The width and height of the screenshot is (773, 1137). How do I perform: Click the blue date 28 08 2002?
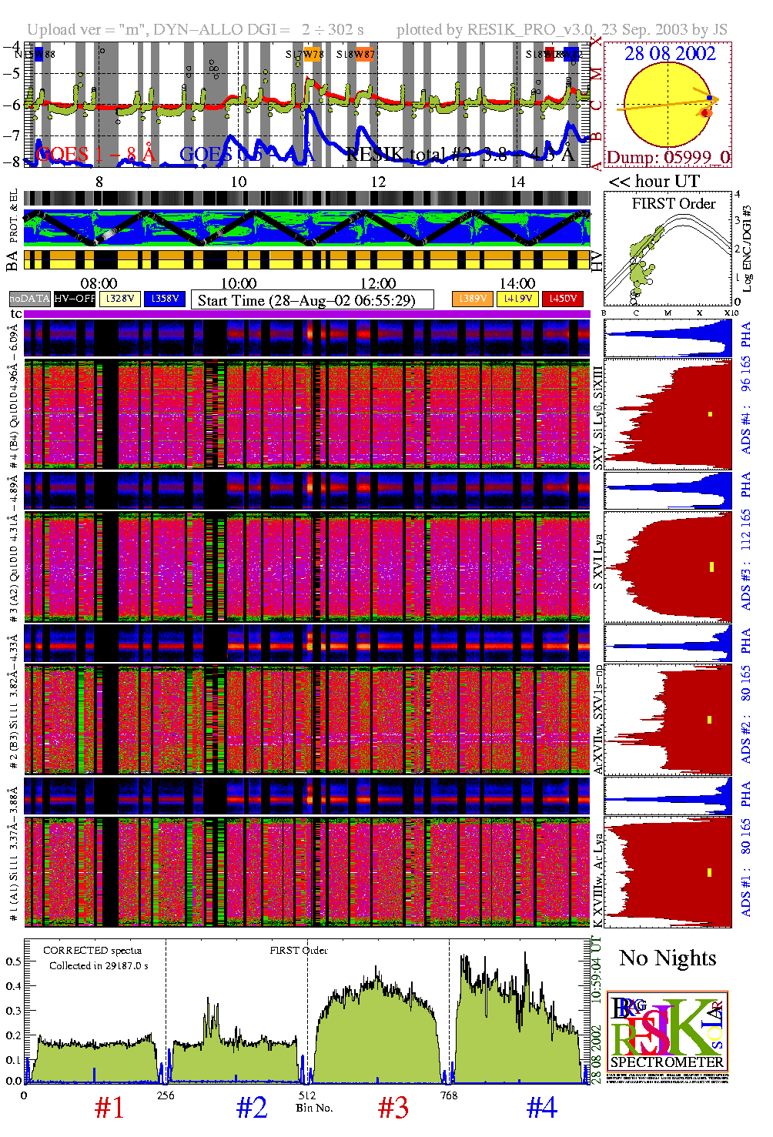point(669,53)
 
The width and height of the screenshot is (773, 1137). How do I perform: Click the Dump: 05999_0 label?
point(668,157)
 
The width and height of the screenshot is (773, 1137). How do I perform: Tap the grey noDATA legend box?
point(29,299)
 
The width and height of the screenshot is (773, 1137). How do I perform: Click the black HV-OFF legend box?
point(75,299)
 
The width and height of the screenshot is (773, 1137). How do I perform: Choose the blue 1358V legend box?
point(165,299)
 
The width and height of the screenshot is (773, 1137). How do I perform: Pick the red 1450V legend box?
point(563,299)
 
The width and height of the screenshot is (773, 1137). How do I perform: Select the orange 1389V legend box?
point(472,299)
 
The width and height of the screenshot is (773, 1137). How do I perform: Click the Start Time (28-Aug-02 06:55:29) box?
point(313,300)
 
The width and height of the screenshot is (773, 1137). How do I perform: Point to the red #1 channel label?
point(109,1108)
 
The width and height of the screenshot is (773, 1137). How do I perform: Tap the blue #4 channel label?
point(542,1108)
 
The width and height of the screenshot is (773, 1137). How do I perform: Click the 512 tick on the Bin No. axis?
point(307,1095)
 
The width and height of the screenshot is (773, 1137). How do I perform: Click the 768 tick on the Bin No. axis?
point(449,1095)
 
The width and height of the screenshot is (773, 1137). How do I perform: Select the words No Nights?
point(668,958)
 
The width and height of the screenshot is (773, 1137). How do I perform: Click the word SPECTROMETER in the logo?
point(668,1062)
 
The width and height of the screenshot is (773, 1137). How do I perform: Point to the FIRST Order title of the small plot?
point(674,204)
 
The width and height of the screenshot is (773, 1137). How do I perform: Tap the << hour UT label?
point(654,182)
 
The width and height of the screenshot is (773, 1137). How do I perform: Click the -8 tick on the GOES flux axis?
point(13,162)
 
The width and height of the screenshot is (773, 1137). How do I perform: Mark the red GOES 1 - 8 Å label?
point(95,155)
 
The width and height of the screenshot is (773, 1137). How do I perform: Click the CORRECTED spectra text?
point(92,951)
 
